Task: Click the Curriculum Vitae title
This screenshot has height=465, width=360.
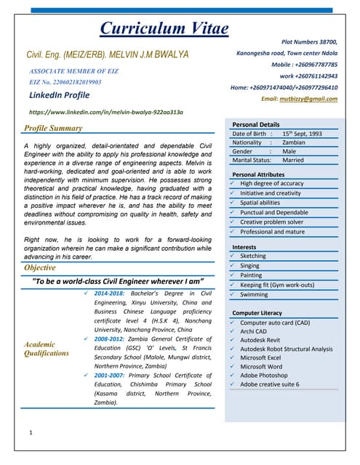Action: tap(164, 28)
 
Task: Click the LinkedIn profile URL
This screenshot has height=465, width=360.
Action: tap(105, 113)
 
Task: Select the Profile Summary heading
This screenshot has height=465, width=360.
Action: tap(53, 129)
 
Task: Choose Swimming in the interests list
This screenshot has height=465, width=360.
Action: tap(255, 295)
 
